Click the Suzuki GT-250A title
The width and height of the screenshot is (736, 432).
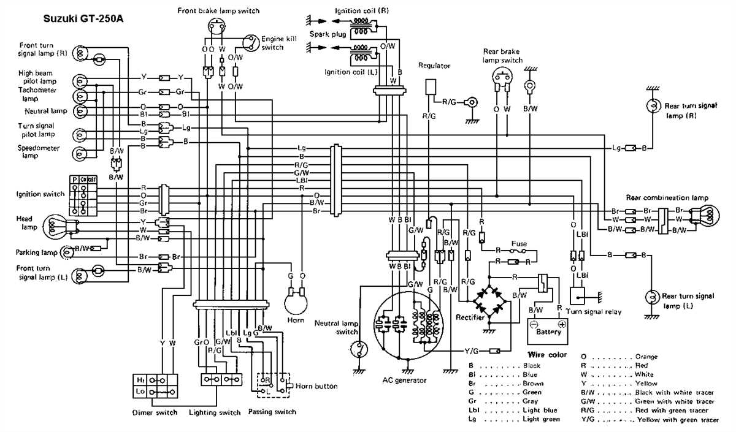83,18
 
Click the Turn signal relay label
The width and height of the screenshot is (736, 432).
594,312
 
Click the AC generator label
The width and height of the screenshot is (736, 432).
405,380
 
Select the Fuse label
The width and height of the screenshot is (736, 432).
519,243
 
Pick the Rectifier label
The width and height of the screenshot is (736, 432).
470,317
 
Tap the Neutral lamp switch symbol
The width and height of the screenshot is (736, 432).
358,350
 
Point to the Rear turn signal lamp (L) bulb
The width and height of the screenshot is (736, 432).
653,297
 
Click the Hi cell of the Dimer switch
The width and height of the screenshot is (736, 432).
141,380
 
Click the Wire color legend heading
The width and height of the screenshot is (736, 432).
547,355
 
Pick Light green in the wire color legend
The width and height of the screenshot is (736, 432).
542,420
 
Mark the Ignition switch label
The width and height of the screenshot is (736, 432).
40,194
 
